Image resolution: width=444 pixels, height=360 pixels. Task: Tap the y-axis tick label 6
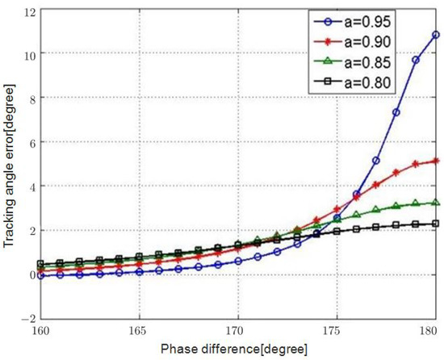coord(29,142)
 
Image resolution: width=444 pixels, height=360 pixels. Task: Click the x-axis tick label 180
coord(430,332)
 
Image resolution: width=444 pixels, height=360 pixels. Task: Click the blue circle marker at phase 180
coord(436,35)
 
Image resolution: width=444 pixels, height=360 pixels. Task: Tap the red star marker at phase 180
coord(436,161)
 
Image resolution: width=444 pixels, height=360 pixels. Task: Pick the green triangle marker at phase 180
coord(436,203)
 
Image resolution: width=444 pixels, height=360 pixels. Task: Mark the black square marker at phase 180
coord(436,224)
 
